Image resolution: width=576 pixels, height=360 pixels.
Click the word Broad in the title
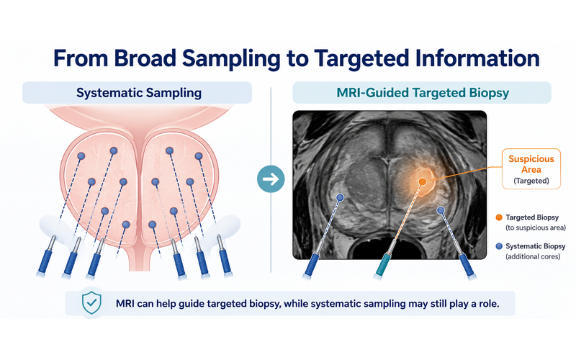145,58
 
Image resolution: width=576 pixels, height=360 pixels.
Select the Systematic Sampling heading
139,93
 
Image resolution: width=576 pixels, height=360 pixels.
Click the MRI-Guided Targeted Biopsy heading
423,93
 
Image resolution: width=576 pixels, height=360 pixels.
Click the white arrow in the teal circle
271,179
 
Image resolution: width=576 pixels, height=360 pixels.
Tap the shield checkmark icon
91,303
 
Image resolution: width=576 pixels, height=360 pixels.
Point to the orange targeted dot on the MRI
423,181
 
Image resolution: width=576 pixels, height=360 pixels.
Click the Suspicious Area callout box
531,169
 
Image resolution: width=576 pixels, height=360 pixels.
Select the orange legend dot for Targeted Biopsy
499,217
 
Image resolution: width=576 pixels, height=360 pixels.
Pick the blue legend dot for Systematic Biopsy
499,246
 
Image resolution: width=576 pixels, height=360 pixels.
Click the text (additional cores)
533,256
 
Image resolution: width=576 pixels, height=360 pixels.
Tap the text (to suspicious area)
536,228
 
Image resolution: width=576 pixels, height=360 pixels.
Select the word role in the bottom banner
488,304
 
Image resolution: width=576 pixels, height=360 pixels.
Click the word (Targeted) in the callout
531,181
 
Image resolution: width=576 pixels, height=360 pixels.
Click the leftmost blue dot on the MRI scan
340,197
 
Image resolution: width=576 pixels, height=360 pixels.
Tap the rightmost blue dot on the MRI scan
441,210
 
